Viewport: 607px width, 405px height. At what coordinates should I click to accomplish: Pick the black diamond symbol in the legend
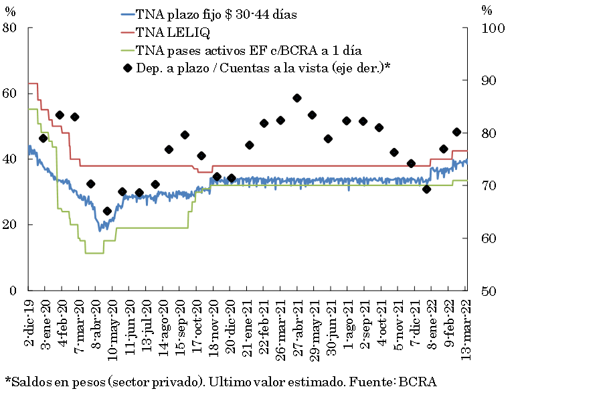[x=127, y=68]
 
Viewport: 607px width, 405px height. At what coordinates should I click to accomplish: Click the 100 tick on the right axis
[x=491, y=28]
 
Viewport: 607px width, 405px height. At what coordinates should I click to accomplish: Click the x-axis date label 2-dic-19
[x=29, y=323]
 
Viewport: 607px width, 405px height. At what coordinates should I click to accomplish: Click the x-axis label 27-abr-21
[x=297, y=325]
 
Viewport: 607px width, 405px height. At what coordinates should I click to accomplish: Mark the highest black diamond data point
[x=297, y=98]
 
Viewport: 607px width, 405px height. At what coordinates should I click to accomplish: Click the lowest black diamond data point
[x=107, y=211]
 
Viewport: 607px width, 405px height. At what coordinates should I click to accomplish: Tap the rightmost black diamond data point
[x=457, y=132]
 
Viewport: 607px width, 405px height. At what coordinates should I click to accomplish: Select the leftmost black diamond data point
[x=43, y=138]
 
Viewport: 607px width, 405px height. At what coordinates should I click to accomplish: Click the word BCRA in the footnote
[x=418, y=382]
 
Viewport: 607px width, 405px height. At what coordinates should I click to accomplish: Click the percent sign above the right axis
[x=487, y=10]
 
